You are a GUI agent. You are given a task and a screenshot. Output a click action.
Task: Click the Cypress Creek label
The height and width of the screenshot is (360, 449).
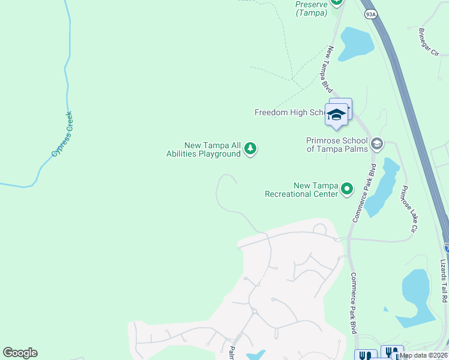coord(62,134)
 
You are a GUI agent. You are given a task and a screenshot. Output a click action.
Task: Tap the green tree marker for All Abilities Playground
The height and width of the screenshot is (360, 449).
coord(250,148)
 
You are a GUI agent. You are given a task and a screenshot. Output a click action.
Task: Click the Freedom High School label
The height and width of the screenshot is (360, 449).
coord(290,112)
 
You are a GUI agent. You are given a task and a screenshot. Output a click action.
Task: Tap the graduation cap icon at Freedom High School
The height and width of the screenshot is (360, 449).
coord(336,115)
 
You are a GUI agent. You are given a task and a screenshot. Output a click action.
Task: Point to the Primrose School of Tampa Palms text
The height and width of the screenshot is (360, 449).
coord(337,145)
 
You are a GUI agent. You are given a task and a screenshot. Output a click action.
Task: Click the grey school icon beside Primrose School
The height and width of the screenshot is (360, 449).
coord(376,143)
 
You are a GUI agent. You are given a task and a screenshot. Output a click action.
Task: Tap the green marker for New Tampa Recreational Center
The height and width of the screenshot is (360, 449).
coord(347,190)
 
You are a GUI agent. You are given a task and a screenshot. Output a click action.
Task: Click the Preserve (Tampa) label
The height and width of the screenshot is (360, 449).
coord(311,8)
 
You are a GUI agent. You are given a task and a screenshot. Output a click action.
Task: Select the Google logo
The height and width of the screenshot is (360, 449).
coord(20,353)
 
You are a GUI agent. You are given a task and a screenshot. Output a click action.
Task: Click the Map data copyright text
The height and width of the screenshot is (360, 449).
coord(424,355)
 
